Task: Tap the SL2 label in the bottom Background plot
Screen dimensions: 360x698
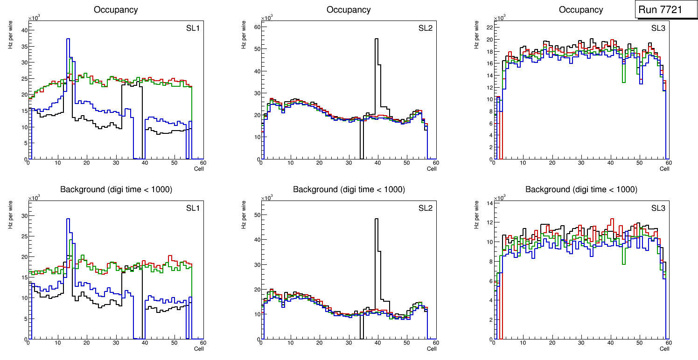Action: tap(425, 208)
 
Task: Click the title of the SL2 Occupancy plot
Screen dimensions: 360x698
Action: tap(349, 10)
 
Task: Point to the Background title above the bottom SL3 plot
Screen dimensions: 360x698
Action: tap(581, 189)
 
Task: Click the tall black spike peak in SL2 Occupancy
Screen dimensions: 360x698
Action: tap(377, 39)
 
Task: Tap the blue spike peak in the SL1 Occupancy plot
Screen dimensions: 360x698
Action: tap(68, 39)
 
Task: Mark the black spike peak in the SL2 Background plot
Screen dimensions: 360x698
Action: tap(377, 219)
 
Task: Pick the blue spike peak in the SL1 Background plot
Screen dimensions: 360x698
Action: tap(68, 219)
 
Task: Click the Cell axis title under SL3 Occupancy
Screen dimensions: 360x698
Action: tap(664, 169)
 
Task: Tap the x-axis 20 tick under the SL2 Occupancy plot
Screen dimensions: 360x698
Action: tap(319, 163)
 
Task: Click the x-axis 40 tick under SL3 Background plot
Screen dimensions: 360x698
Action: tap(610, 343)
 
